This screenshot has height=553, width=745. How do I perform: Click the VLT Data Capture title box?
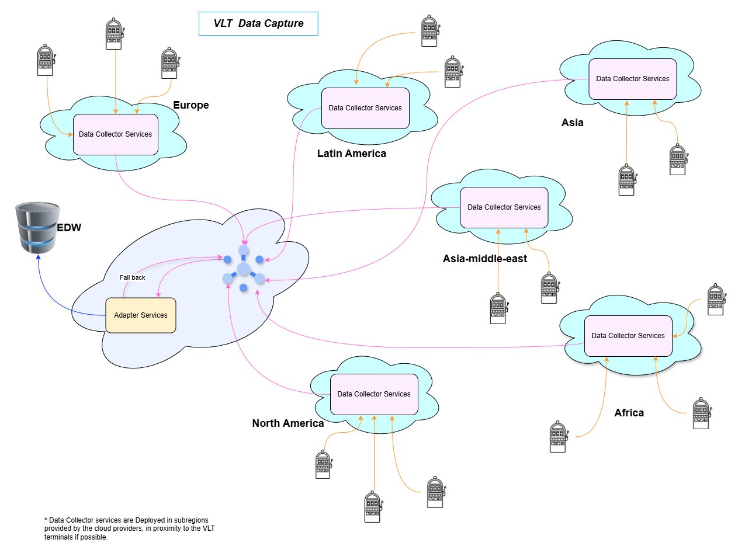pyautogui.click(x=258, y=23)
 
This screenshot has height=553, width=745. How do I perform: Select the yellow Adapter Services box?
pyautogui.click(x=140, y=315)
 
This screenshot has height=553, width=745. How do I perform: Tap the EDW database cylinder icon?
pyautogui.click(x=38, y=227)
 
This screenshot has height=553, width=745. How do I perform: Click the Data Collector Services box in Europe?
pyautogui.click(x=116, y=134)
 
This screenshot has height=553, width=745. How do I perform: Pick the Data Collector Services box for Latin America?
pyautogui.click(x=365, y=108)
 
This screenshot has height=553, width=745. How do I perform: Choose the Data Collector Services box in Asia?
pyautogui.click(x=632, y=79)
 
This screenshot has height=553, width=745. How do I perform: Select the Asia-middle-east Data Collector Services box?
pyautogui.click(x=504, y=207)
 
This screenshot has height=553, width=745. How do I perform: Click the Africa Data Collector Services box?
pyautogui.click(x=628, y=336)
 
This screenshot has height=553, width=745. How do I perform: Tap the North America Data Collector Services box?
pyautogui.click(x=374, y=394)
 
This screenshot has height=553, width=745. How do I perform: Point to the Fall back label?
pyautogui.click(x=132, y=277)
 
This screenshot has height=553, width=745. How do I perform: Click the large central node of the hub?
pyautogui.click(x=244, y=269)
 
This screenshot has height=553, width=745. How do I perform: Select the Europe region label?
pyautogui.click(x=190, y=105)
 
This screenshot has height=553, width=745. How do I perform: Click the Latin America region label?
pyautogui.click(x=351, y=154)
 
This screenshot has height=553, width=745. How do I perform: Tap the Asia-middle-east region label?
pyautogui.click(x=484, y=259)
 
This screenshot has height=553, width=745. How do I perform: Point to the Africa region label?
pyautogui.click(x=629, y=413)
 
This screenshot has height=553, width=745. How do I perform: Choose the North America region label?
pyautogui.click(x=287, y=423)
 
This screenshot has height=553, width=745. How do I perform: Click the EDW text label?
pyautogui.click(x=68, y=228)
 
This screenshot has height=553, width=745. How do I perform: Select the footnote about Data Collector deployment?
pyautogui.click(x=126, y=528)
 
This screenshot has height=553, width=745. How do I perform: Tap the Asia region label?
pyautogui.click(x=572, y=123)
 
